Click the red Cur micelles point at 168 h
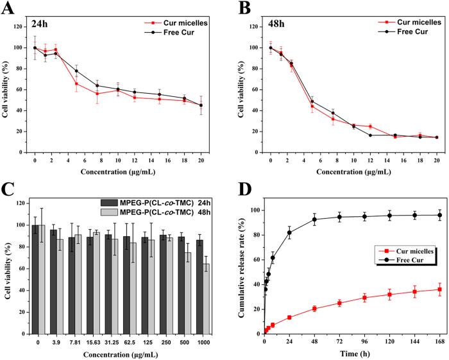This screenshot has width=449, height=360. pyautogui.click(x=439, y=289)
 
